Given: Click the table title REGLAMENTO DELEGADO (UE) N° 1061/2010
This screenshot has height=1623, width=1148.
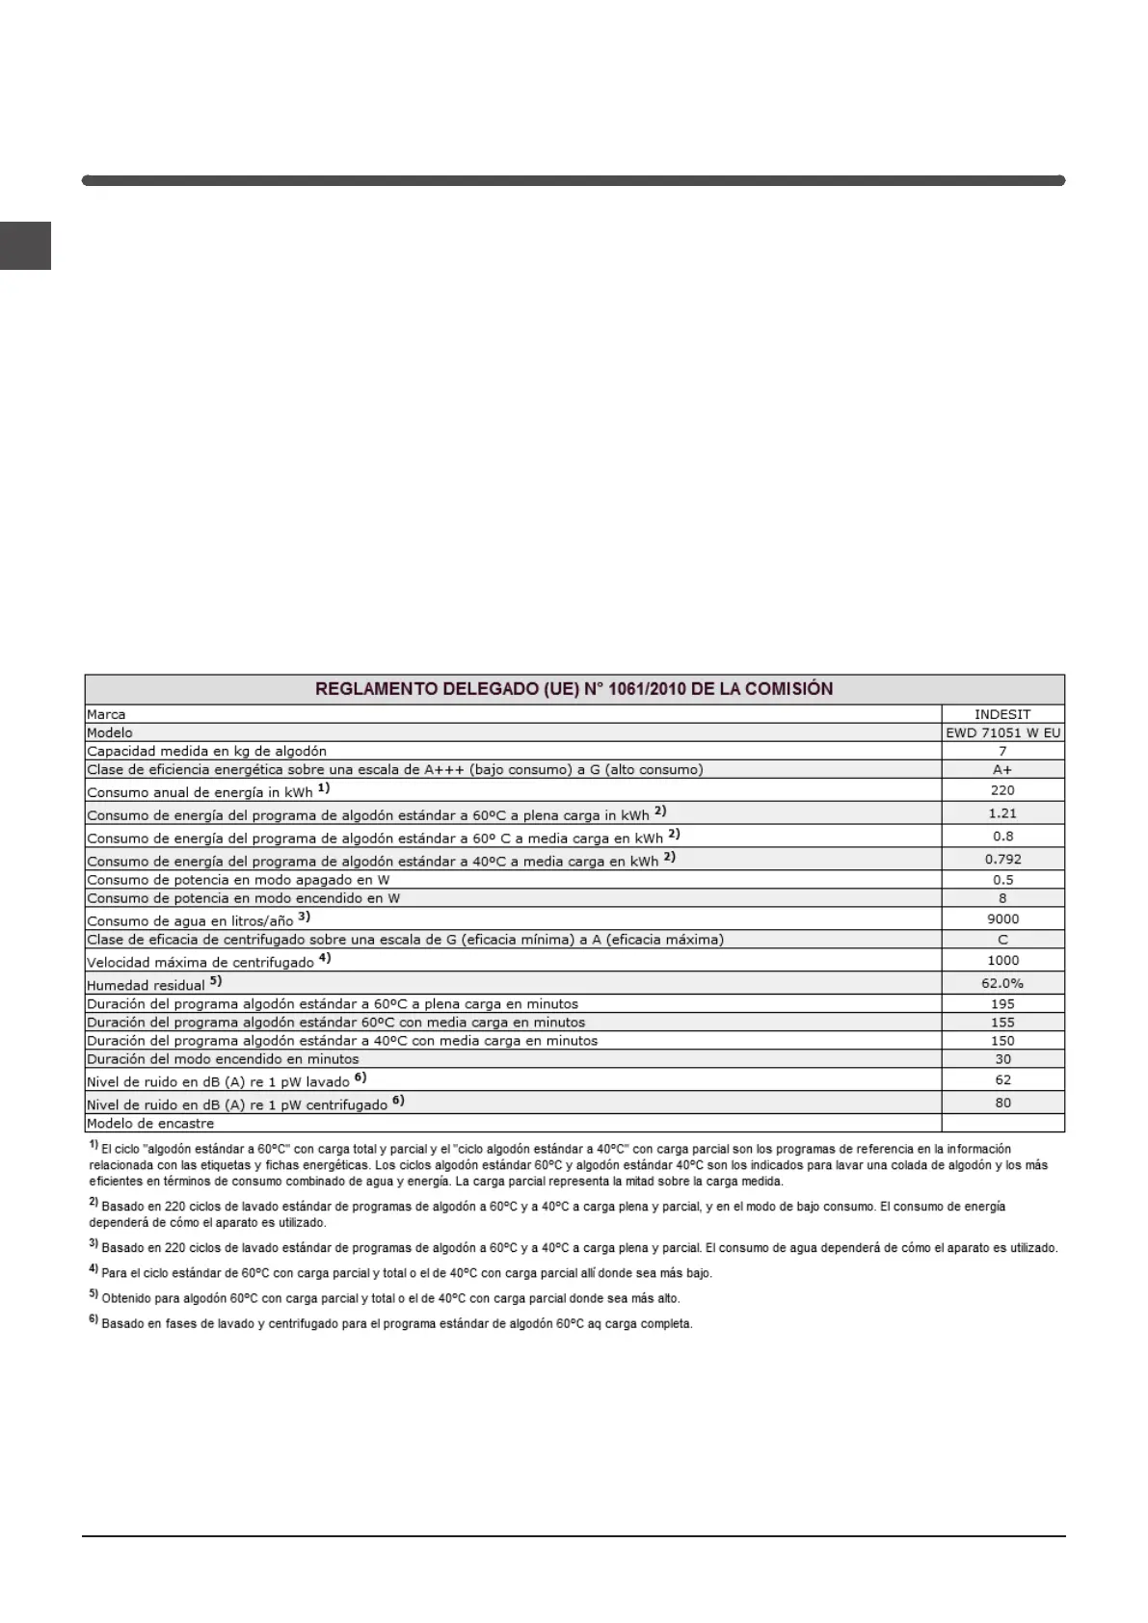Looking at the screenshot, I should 574,689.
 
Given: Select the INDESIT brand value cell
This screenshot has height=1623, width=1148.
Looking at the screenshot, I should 1002,714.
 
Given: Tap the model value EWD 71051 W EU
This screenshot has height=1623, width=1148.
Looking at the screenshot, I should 1002,732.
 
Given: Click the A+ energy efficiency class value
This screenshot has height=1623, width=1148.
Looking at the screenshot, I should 1002,769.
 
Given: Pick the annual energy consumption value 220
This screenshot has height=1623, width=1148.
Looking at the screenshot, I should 1002,790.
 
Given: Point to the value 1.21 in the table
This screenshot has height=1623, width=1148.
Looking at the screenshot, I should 1002,813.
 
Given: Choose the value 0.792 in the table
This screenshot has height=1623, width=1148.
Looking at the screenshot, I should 1002,859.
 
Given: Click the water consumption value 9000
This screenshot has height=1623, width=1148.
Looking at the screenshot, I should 1002,918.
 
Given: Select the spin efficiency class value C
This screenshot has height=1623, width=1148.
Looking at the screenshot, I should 1002,939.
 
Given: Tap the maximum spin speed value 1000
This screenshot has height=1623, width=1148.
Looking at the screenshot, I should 1002,960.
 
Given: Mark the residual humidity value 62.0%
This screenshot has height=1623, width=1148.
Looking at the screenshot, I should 1002,983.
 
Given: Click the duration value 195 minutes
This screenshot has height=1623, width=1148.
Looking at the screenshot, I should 1002,1003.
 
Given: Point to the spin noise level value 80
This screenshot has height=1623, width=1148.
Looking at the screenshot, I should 1002,1103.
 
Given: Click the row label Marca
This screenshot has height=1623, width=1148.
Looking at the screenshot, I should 106,714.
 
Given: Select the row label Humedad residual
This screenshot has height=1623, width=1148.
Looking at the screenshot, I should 147,985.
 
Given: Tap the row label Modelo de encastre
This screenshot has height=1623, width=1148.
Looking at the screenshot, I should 150,1124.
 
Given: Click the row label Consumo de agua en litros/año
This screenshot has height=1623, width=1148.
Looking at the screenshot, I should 190,920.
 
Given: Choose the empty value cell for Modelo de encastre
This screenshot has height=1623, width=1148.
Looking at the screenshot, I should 1002,1123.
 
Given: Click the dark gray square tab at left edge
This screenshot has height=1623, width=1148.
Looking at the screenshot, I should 25,246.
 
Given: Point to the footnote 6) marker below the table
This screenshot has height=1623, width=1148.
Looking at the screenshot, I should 93,1320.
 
